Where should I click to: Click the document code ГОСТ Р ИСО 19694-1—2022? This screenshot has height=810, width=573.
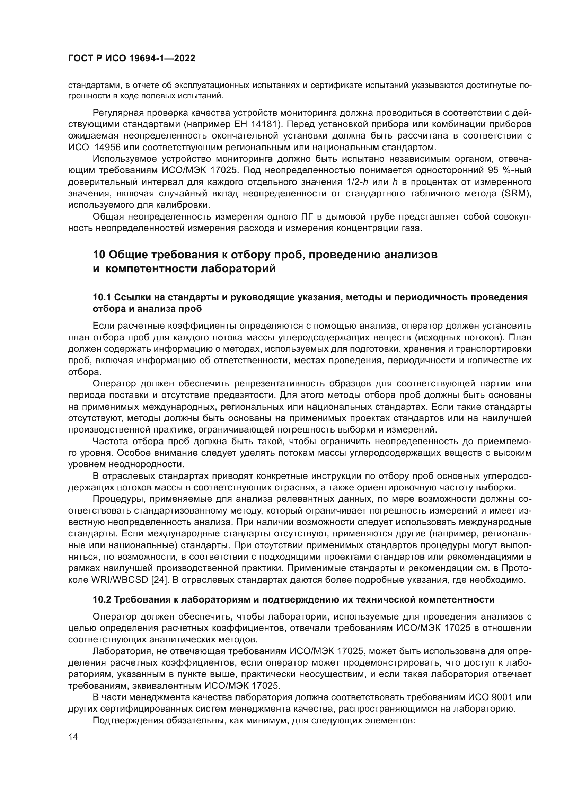coord(131,59)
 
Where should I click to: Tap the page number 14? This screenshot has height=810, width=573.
coord(73,737)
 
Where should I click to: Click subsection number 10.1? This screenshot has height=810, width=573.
coord(102,297)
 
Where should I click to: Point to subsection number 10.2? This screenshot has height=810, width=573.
coord(102,599)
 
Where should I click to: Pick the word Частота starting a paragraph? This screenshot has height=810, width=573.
coord(111,441)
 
